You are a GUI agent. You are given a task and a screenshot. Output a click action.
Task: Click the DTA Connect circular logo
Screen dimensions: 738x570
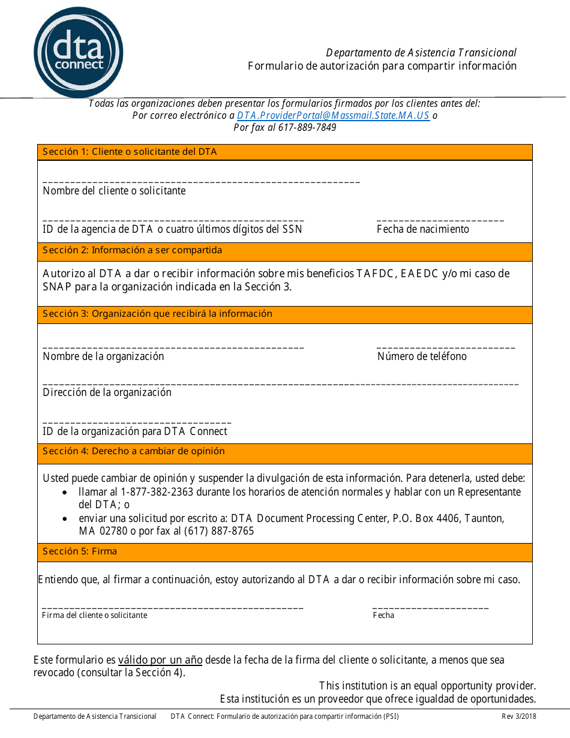coord(79,52)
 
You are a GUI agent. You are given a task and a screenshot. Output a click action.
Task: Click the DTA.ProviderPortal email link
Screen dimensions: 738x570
coord(333,116)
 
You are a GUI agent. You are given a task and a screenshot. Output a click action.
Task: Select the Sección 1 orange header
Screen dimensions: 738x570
coord(284,152)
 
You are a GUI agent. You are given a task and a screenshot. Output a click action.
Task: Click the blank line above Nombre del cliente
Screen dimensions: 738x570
coord(201,181)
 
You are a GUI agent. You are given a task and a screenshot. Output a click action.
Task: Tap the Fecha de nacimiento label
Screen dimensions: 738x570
coord(422,229)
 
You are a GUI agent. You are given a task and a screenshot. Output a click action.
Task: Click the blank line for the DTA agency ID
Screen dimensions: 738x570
coord(173,220)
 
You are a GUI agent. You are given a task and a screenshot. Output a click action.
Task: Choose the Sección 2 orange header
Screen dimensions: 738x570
coord(284,251)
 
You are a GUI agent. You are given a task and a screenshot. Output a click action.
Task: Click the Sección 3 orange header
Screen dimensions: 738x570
coord(284,314)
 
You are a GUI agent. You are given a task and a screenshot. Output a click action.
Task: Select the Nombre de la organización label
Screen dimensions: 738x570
coord(103,356)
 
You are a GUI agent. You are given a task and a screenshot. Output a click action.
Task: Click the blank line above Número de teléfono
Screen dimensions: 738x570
coord(445,347)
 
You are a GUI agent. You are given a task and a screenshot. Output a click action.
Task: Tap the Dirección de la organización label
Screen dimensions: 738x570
coord(107,392)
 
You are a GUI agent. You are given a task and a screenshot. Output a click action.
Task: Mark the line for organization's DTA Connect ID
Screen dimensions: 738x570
coord(137,422)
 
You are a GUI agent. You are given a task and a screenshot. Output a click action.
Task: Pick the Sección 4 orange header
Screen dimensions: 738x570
coord(284,452)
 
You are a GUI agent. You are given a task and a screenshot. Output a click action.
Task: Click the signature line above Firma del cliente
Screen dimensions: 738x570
coord(173,608)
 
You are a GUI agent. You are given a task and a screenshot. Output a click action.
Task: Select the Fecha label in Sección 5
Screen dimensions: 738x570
coord(383,616)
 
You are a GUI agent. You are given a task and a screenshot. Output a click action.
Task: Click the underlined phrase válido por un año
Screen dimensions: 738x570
coord(160,660)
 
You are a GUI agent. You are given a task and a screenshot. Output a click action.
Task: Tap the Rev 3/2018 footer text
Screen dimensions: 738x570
coord(519,716)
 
